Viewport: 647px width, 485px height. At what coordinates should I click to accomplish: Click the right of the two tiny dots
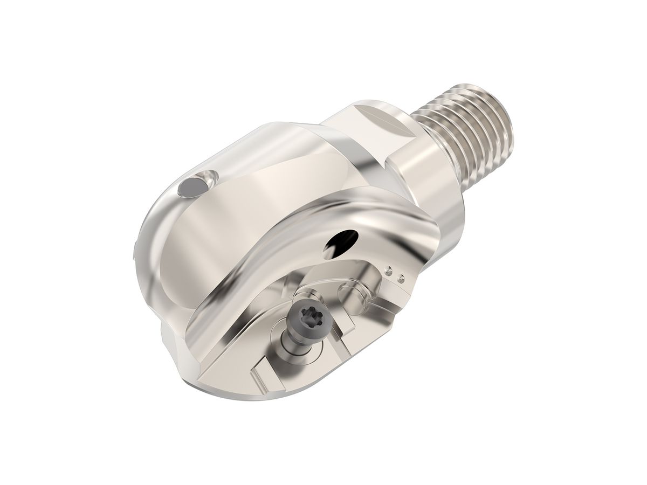tap(400, 279)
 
